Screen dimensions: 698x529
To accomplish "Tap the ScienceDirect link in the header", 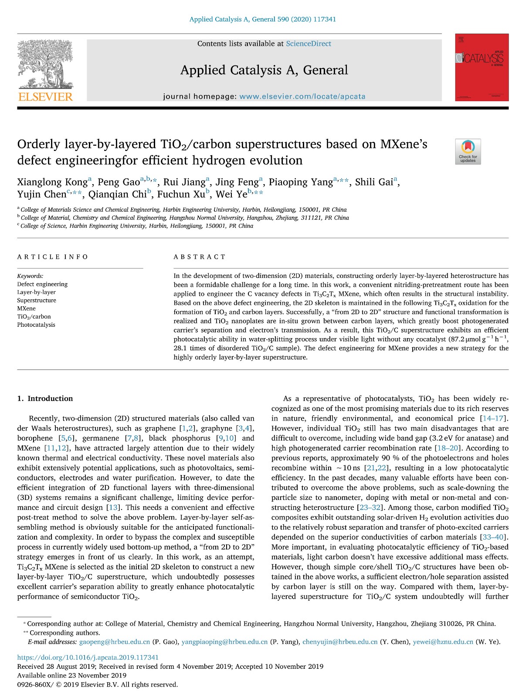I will (309, 44).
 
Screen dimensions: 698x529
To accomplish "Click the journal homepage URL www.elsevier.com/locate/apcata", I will (302, 96).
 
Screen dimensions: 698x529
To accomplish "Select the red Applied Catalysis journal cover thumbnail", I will (482, 67).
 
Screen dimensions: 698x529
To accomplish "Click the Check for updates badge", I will (468, 151).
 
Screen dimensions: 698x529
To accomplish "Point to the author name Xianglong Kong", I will (52, 182).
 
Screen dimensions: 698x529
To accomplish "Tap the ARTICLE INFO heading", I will (53, 257).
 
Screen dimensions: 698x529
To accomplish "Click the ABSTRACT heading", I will (200, 257).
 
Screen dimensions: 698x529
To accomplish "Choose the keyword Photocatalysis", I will (36, 325).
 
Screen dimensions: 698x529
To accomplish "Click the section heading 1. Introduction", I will (45, 398).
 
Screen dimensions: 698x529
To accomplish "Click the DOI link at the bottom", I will (88, 657).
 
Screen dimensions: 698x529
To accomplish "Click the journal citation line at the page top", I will (262, 19).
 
